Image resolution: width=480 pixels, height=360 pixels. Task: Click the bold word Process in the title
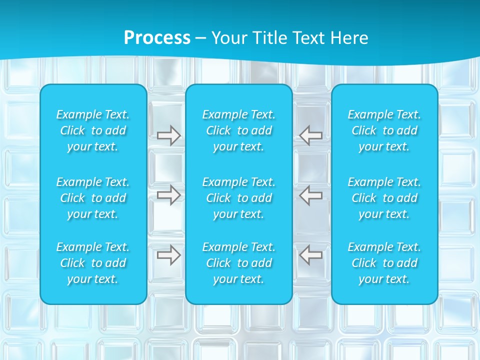[x=157, y=38]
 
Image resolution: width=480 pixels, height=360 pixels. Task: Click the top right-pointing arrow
[x=168, y=135]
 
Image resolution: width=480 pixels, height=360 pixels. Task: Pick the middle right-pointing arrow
[x=168, y=195]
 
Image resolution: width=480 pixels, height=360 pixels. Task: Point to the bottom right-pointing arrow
[x=168, y=255]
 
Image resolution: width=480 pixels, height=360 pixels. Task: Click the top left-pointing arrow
[x=311, y=135]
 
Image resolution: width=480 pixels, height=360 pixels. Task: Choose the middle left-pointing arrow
[x=311, y=195]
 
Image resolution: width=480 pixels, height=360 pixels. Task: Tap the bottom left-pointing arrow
[x=311, y=255]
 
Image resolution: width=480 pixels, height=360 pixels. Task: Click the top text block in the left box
[x=93, y=130]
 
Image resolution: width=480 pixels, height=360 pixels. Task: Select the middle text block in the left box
[x=93, y=198]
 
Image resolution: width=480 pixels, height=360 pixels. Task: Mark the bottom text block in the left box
[x=93, y=263]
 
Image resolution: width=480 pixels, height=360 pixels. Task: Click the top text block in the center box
[x=239, y=130]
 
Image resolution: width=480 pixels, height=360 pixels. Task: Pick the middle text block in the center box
[x=239, y=198]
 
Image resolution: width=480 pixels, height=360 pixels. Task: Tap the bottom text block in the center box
[x=239, y=263]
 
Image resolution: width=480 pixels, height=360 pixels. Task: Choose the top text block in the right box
[x=384, y=130]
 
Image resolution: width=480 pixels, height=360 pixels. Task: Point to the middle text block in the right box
[x=384, y=198]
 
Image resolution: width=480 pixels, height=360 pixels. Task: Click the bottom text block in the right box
[x=384, y=263]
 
